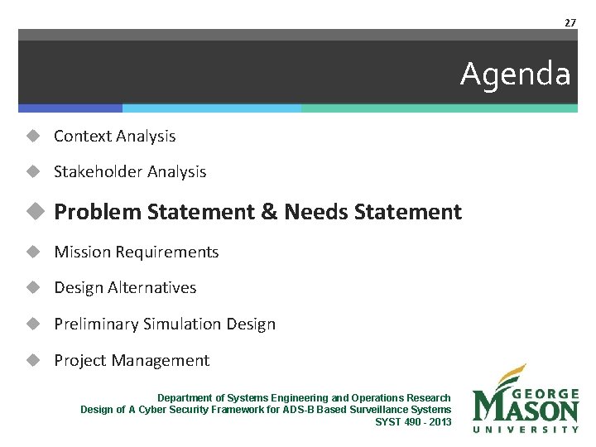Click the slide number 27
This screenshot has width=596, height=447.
click(570, 23)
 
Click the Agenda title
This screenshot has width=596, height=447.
click(515, 74)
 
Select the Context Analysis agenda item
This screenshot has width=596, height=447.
click(114, 136)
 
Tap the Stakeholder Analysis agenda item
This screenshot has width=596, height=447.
click(130, 172)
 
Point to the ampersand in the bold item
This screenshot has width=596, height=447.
click(269, 212)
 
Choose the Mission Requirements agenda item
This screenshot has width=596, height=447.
click(136, 252)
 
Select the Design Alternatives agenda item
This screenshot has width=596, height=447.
click(125, 288)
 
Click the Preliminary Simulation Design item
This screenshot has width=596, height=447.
click(165, 324)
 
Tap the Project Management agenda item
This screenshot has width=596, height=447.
click(132, 361)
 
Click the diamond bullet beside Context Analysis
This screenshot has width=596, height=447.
click(32, 136)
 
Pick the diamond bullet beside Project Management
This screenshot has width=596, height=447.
click(32, 361)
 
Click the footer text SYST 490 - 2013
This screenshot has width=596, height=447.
click(413, 421)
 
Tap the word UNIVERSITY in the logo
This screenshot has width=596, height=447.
click(526, 429)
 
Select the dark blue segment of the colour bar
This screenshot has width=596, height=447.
click(70, 108)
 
